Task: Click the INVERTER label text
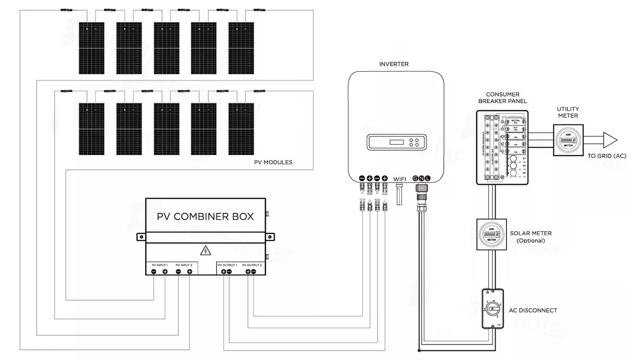(394, 64)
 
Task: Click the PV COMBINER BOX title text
(205, 216)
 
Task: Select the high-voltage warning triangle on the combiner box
(206, 250)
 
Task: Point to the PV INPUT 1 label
(160, 265)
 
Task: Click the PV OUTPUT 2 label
(252, 265)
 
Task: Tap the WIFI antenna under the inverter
(399, 194)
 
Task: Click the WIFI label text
(399, 179)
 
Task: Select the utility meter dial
(568, 140)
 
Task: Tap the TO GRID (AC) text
(607, 156)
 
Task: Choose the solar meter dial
(492, 235)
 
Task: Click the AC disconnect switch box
(493, 309)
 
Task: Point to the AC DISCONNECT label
(533, 311)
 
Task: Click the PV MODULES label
(273, 162)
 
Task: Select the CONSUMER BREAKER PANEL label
(503, 98)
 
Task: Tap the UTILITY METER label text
(568, 112)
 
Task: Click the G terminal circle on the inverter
(415, 178)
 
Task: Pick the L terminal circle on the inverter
(428, 178)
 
